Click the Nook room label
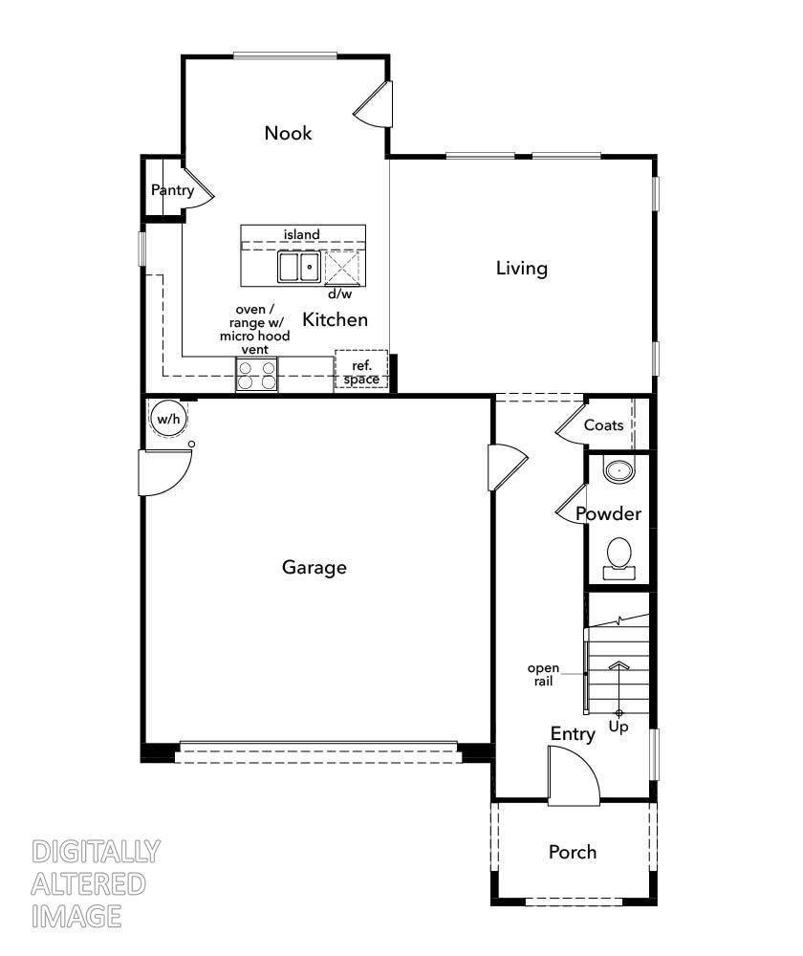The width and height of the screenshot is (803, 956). click(288, 133)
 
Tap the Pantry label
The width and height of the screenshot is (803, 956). click(172, 190)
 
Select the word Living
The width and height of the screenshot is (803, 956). click(521, 269)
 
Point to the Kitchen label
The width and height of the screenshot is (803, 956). click(336, 319)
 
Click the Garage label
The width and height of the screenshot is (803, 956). click(314, 568)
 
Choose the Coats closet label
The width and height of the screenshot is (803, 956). click(603, 425)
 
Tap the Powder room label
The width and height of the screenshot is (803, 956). click(608, 514)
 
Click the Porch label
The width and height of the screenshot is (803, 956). click(573, 852)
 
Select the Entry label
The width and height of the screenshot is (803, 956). click(573, 734)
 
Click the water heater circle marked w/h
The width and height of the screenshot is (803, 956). click(168, 419)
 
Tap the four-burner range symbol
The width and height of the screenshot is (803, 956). click(257, 375)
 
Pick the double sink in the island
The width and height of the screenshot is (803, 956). click(299, 267)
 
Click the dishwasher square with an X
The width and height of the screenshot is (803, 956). click(342, 269)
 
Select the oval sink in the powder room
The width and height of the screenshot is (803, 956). click(620, 470)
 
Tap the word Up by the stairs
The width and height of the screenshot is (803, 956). click(619, 728)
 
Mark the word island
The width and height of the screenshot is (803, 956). click(301, 234)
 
